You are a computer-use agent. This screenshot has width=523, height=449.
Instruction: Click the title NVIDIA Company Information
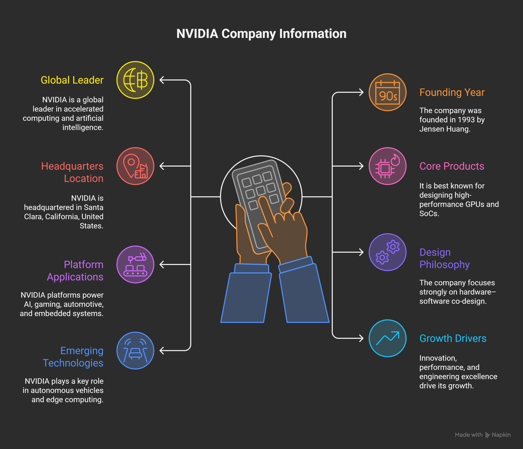pyautogui.click(x=261, y=33)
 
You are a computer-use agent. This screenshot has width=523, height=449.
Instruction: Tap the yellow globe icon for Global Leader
pyautogui.click(x=135, y=80)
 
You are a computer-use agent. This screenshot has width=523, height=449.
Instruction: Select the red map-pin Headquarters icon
pyautogui.click(x=135, y=166)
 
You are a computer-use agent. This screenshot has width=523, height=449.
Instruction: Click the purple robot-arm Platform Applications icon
pyautogui.click(x=135, y=264)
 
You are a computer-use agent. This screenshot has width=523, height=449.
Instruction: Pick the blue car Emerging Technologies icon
pyautogui.click(x=135, y=350)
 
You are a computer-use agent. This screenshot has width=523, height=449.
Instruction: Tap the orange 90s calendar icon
pyautogui.click(x=388, y=92)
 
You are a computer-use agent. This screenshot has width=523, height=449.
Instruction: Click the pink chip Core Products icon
pyautogui.click(x=388, y=166)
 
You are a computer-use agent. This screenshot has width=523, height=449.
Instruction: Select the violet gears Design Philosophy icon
pyautogui.click(x=388, y=252)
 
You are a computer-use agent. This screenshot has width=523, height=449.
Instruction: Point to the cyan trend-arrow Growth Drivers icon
pyautogui.click(x=388, y=338)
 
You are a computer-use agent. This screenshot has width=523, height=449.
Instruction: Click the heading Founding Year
pyautogui.click(x=452, y=92)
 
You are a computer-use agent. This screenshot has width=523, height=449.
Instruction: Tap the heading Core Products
pyautogui.click(x=451, y=166)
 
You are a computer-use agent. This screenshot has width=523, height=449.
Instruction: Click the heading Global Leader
pyautogui.click(x=72, y=80)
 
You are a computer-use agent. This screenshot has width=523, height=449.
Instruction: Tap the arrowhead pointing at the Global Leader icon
pyautogui.click(x=162, y=80)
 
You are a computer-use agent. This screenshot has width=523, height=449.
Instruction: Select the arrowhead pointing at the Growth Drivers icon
pyautogui.click(x=361, y=338)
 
